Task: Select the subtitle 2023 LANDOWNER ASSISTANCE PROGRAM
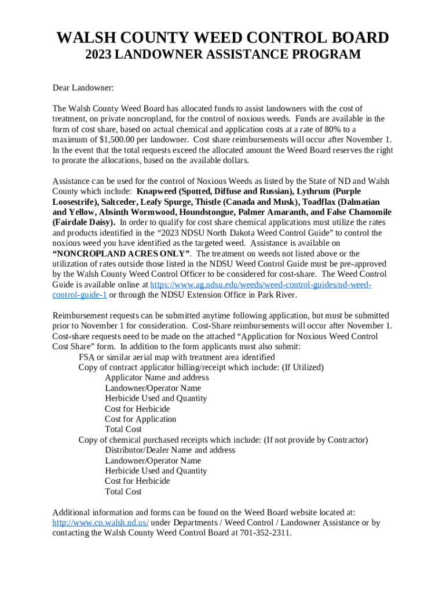pos(223,55)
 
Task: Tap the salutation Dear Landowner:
pos(83,88)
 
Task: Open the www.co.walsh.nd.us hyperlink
pos(100,523)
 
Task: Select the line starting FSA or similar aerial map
pos(177,357)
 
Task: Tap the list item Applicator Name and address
pos(157,378)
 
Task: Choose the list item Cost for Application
pos(141,419)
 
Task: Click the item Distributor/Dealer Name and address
pos(170,450)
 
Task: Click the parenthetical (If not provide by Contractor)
pos(316,440)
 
